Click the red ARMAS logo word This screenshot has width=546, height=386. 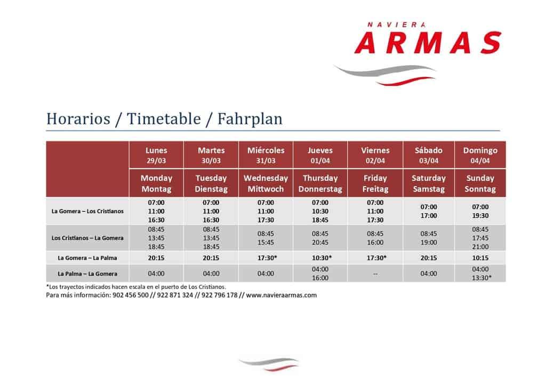pyautogui.click(x=428, y=43)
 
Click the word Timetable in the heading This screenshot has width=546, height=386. pyautogui.click(x=164, y=119)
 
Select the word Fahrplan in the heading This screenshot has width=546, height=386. pyautogui.click(x=250, y=119)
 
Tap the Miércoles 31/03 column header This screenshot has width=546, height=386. pyautogui.click(x=266, y=155)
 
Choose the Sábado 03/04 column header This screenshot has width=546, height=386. pyautogui.click(x=428, y=155)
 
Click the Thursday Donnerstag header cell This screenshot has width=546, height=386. pyautogui.click(x=320, y=183)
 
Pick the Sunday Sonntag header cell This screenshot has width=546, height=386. pyautogui.click(x=480, y=183)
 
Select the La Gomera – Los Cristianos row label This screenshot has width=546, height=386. pyautogui.click(x=87, y=211)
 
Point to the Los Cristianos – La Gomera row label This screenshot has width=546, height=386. pyautogui.click(x=87, y=238)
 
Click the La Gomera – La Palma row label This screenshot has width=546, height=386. pyautogui.click(x=87, y=258)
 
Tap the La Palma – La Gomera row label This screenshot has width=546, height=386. pyautogui.click(x=87, y=274)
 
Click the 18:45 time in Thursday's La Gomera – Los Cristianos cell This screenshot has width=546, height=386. pyautogui.click(x=320, y=220)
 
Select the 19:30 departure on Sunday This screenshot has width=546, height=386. pyautogui.click(x=480, y=216)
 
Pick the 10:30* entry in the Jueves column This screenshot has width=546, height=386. pyautogui.click(x=322, y=258)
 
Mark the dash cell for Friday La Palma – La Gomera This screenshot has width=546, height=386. pyautogui.click(x=375, y=274)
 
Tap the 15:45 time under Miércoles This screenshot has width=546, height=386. pyautogui.click(x=266, y=243)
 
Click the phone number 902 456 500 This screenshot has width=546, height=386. pyautogui.click(x=130, y=295)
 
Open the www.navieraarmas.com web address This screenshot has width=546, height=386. pyautogui.click(x=282, y=295)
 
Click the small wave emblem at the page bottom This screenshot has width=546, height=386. pyautogui.click(x=269, y=364)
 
